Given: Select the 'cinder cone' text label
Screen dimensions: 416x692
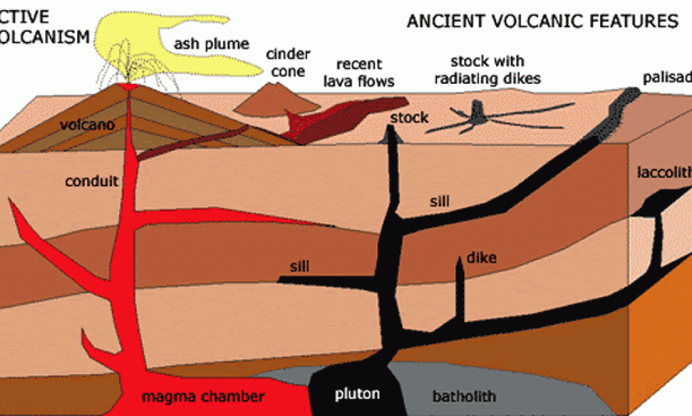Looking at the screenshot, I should point(287,62).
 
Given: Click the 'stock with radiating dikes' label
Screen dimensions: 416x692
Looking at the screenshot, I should point(487,70).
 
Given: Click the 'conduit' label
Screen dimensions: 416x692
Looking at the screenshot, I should point(92,181).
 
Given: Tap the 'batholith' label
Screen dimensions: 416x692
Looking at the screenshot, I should point(465,396).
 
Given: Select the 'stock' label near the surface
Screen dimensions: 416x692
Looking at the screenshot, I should point(409,118).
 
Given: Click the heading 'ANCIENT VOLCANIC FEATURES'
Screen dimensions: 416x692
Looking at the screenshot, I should point(541,22).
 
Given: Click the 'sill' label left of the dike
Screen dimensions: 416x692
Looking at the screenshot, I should point(299,266).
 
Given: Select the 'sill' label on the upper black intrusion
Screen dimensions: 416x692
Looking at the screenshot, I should point(439,202).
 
